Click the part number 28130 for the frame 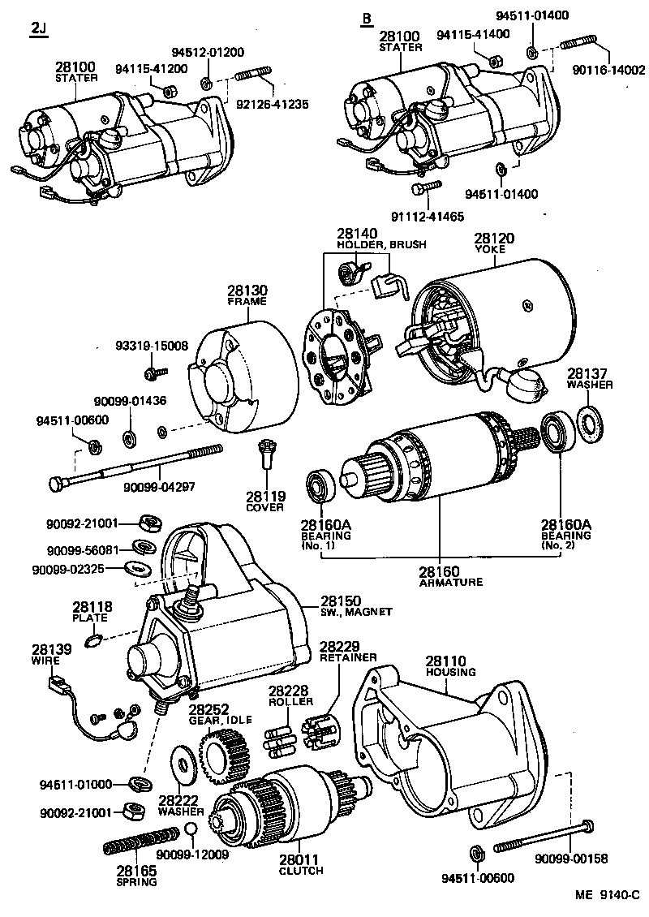247,291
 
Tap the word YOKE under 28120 490,250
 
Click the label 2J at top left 38,30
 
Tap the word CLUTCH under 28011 301,871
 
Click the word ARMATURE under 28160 451,582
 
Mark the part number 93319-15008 152,346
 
